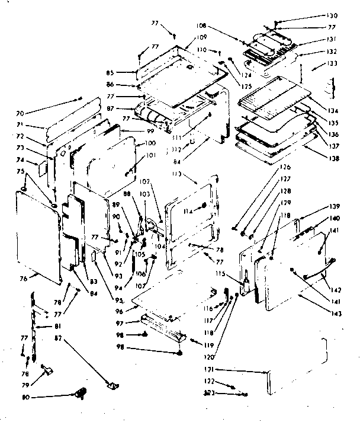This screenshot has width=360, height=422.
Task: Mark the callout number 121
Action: coord(251,370)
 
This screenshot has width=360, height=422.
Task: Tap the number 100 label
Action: coord(150,144)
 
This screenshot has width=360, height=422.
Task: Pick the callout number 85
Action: coord(127,73)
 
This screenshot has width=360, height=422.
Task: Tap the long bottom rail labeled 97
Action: coord(162,327)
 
